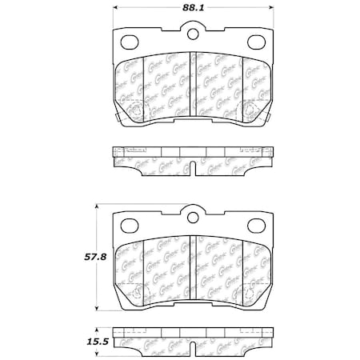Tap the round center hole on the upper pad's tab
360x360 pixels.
(192, 34)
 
